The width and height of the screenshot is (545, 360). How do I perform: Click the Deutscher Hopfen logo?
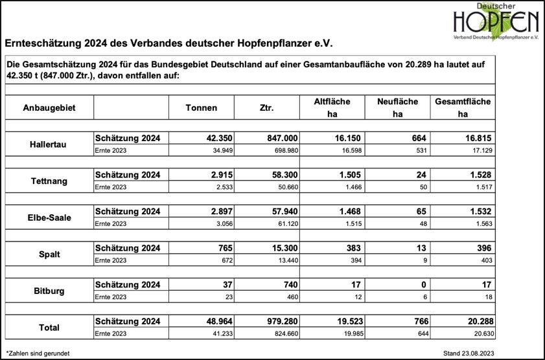tap(496, 23)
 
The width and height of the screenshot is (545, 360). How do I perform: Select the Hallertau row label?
tap(48, 144)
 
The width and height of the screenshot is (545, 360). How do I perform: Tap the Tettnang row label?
tap(49, 181)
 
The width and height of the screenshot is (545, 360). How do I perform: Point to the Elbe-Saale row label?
tap(49, 218)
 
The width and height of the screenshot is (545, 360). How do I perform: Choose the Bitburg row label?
tap(49, 291)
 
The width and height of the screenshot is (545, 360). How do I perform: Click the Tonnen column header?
tap(202, 107)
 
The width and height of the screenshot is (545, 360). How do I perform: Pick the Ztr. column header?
tap(266, 107)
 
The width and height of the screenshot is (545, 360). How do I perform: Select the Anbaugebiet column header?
tap(49, 107)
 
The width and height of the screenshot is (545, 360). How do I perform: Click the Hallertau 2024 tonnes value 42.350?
tap(217, 138)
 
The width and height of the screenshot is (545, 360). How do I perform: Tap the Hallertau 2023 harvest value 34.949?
tap(219, 150)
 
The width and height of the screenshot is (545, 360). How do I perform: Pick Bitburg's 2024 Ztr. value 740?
tap(289, 285)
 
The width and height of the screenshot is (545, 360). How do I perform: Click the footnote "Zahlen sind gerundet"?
tap(38, 353)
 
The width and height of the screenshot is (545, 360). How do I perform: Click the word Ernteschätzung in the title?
tap(41, 45)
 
